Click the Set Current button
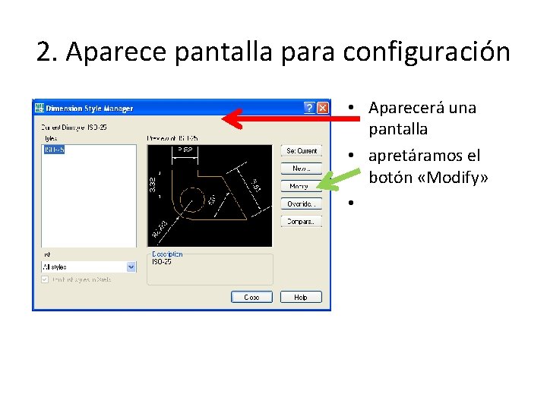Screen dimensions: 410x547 tap(302, 150)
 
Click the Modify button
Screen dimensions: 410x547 tap(299, 186)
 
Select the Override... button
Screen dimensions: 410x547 tap(302, 203)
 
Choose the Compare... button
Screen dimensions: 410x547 tap(302, 221)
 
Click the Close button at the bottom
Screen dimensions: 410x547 tap(251, 297)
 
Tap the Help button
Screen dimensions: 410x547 tap(301, 297)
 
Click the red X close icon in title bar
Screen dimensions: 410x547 tap(323, 108)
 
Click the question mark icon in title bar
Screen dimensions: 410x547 tap(309, 108)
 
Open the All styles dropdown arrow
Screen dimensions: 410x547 tap(131, 266)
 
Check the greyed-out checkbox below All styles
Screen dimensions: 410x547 tap(45, 279)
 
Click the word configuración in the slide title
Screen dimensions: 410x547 tap(426, 52)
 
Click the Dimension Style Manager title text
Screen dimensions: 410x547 tap(90, 109)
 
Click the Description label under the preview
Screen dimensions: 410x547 tap(167, 254)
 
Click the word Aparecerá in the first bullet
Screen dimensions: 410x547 tap(411, 108)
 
